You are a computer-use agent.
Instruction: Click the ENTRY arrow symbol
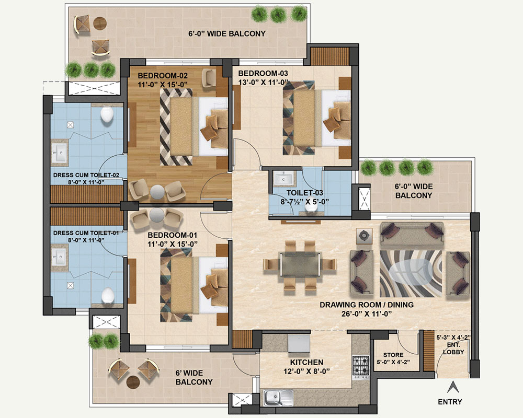[452, 387]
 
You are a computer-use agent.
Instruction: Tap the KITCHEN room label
[306, 362]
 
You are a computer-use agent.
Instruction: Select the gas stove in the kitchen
[361, 367]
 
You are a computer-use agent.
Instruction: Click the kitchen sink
[278, 397]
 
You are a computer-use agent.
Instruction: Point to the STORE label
[393, 355]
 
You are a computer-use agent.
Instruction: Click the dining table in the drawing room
[301, 264]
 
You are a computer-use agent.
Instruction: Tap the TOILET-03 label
[305, 193]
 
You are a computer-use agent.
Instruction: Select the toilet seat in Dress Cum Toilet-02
[107, 114]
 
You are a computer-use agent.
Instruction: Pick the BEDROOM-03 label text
[263, 73]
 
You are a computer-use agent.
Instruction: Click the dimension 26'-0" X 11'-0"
[367, 313]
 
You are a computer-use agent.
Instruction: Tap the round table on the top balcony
[100, 24]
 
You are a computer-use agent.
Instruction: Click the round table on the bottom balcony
[132, 381]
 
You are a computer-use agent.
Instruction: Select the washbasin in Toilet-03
[285, 179]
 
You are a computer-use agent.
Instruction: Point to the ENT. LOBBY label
[453, 349]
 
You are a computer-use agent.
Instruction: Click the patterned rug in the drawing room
[411, 274]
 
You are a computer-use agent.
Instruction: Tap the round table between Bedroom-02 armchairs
[157, 192]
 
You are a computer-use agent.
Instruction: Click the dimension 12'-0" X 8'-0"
[306, 371]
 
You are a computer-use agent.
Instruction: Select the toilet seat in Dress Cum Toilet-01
[108, 295]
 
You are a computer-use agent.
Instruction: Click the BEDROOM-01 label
[173, 235]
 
